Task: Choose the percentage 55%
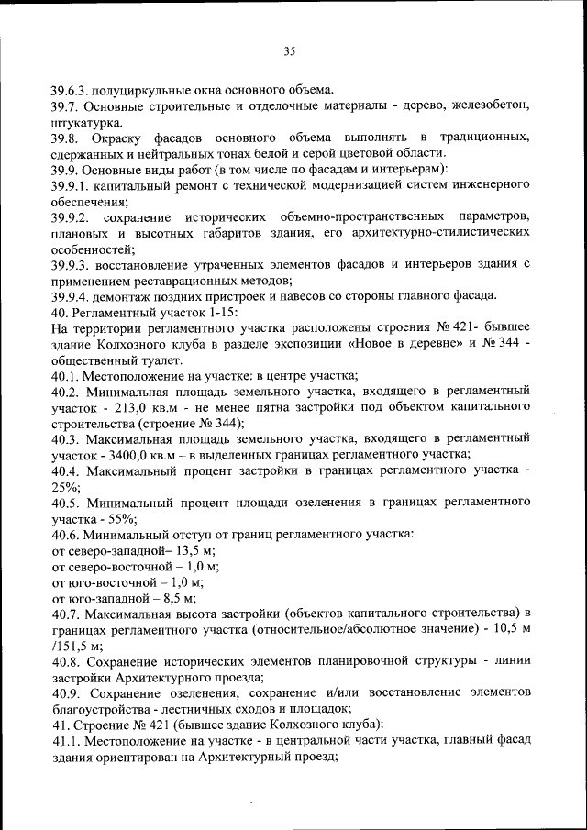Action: pos(117,517)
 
